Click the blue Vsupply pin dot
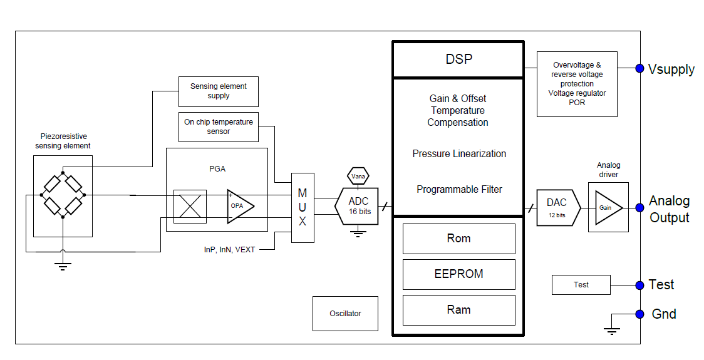click(639, 68)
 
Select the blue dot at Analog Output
click(639, 208)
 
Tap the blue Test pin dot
click(639, 285)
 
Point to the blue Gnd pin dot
click(639, 314)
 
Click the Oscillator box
click(345, 314)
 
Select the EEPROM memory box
click(458, 274)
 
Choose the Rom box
click(458, 239)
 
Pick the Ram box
click(458, 309)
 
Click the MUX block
click(303, 207)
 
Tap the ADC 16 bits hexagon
click(359, 206)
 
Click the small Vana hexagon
click(358, 176)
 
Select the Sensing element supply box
click(218, 91)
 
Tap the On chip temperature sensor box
click(218, 126)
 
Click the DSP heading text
click(458, 59)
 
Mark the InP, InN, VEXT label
click(229, 250)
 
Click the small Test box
click(581, 285)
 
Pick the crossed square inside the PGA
click(189, 206)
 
